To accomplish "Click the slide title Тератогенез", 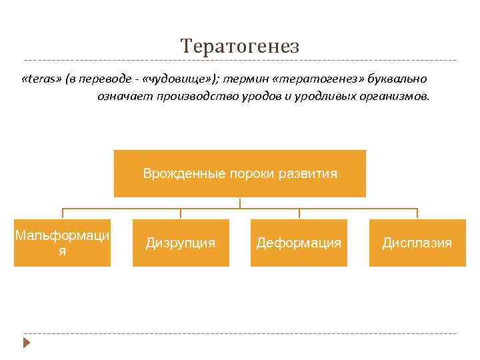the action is [x=240, y=46].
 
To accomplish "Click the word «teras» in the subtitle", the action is [x=41, y=79].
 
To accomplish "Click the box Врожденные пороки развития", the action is [x=240, y=174].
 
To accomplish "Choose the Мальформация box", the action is [x=63, y=243].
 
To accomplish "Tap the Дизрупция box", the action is [x=181, y=243].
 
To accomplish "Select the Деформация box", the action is [x=299, y=243].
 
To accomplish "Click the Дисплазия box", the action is [x=417, y=243].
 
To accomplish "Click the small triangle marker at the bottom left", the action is [x=27, y=343].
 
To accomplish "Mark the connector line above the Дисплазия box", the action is [x=417, y=213].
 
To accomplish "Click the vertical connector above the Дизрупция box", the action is [x=181, y=213].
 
